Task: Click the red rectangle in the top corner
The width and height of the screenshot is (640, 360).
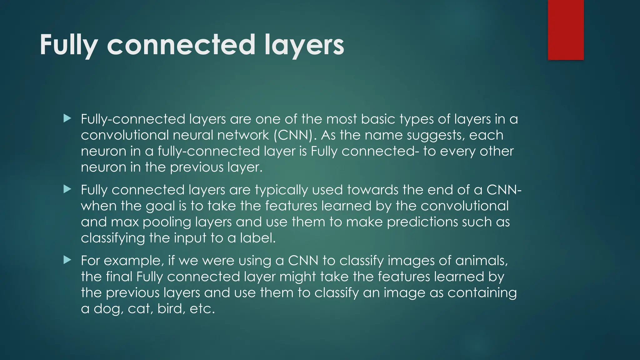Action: pyautogui.click(x=566, y=30)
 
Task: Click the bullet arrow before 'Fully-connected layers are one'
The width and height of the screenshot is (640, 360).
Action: pyautogui.click(x=67, y=118)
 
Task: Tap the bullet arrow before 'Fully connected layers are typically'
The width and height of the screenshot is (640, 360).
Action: pyautogui.click(x=67, y=189)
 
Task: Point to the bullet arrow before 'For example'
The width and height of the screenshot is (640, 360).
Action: pyautogui.click(x=67, y=260)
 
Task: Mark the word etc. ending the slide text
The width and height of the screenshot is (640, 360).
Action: pyautogui.click(x=202, y=309)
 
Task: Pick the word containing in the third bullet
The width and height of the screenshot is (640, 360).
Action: pyautogui.click(x=482, y=293)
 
